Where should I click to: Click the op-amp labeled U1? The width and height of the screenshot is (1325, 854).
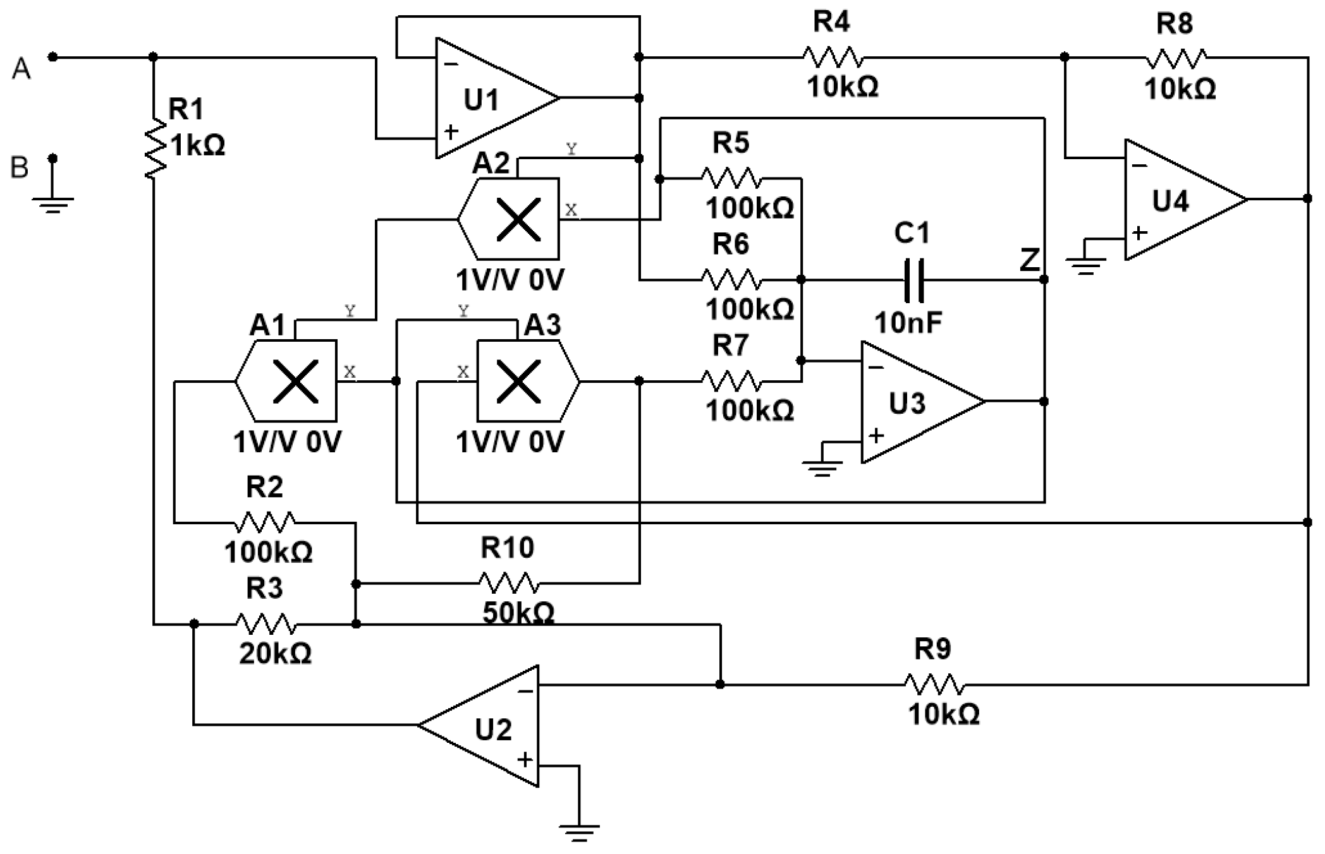pos(497,98)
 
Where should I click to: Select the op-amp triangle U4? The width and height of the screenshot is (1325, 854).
pos(1186,200)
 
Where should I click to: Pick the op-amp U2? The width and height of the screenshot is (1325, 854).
pos(479,725)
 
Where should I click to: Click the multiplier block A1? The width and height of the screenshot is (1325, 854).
pos(286,381)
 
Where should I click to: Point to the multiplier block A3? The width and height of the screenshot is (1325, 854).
pos(528,381)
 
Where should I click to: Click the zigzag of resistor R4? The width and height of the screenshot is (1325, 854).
pos(833,57)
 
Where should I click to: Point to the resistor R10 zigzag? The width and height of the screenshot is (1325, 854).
pos(509,583)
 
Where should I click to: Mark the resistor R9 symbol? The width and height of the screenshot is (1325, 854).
pos(934,685)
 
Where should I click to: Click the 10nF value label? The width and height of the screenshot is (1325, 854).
pos(908,323)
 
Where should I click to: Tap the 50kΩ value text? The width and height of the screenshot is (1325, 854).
pos(518,612)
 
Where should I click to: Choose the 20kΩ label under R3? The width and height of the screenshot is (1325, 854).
pos(276,654)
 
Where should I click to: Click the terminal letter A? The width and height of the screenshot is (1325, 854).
pos(21,68)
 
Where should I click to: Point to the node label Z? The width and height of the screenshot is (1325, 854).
pos(1030,260)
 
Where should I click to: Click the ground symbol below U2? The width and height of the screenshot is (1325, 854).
pos(579,833)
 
